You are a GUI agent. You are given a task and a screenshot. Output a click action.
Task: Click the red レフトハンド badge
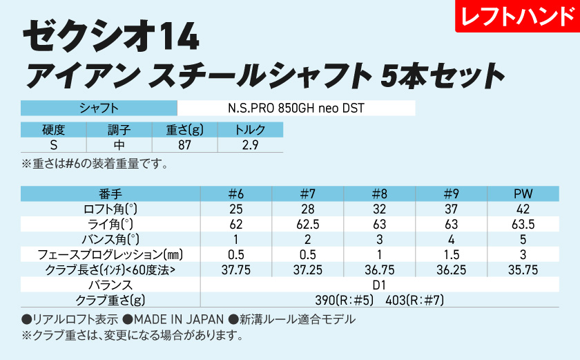pyautogui.click(x=516, y=17)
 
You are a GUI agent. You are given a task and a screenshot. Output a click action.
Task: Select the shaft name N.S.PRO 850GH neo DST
pyautogui.click(x=296, y=108)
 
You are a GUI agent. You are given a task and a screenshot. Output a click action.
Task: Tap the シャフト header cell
pyautogui.click(x=99, y=108)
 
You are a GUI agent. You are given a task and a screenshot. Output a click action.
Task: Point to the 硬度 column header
pyautogui.click(x=53, y=130)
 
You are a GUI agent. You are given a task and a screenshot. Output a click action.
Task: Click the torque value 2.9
pyautogui.click(x=250, y=145)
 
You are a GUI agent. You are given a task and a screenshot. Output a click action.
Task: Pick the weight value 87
pyautogui.click(x=184, y=145)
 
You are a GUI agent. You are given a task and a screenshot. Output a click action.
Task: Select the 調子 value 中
pyautogui.click(x=119, y=145)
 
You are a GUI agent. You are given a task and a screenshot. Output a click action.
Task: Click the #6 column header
pyautogui.click(x=236, y=193)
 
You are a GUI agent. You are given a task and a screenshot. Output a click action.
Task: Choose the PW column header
pyautogui.click(x=523, y=193)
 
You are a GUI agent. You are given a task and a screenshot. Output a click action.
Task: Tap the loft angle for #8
pyautogui.click(x=380, y=209)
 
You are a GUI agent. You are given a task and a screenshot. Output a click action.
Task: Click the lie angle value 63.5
pyautogui.click(x=523, y=224)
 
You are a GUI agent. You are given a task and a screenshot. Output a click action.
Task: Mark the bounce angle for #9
pyautogui.click(x=452, y=239)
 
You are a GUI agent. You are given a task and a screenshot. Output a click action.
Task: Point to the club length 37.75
pyautogui.click(x=236, y=269)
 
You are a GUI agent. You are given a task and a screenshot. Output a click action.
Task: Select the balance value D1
pyautogui.click(x=380, y=285)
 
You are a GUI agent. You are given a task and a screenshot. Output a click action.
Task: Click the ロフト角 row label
pyautogui.click(x=111, y=209)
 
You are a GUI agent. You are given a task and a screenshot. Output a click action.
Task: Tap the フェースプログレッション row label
pyautogui.click(x=111, y=254)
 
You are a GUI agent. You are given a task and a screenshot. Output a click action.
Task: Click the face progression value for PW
pyautogui.click(x=523, y=254)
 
